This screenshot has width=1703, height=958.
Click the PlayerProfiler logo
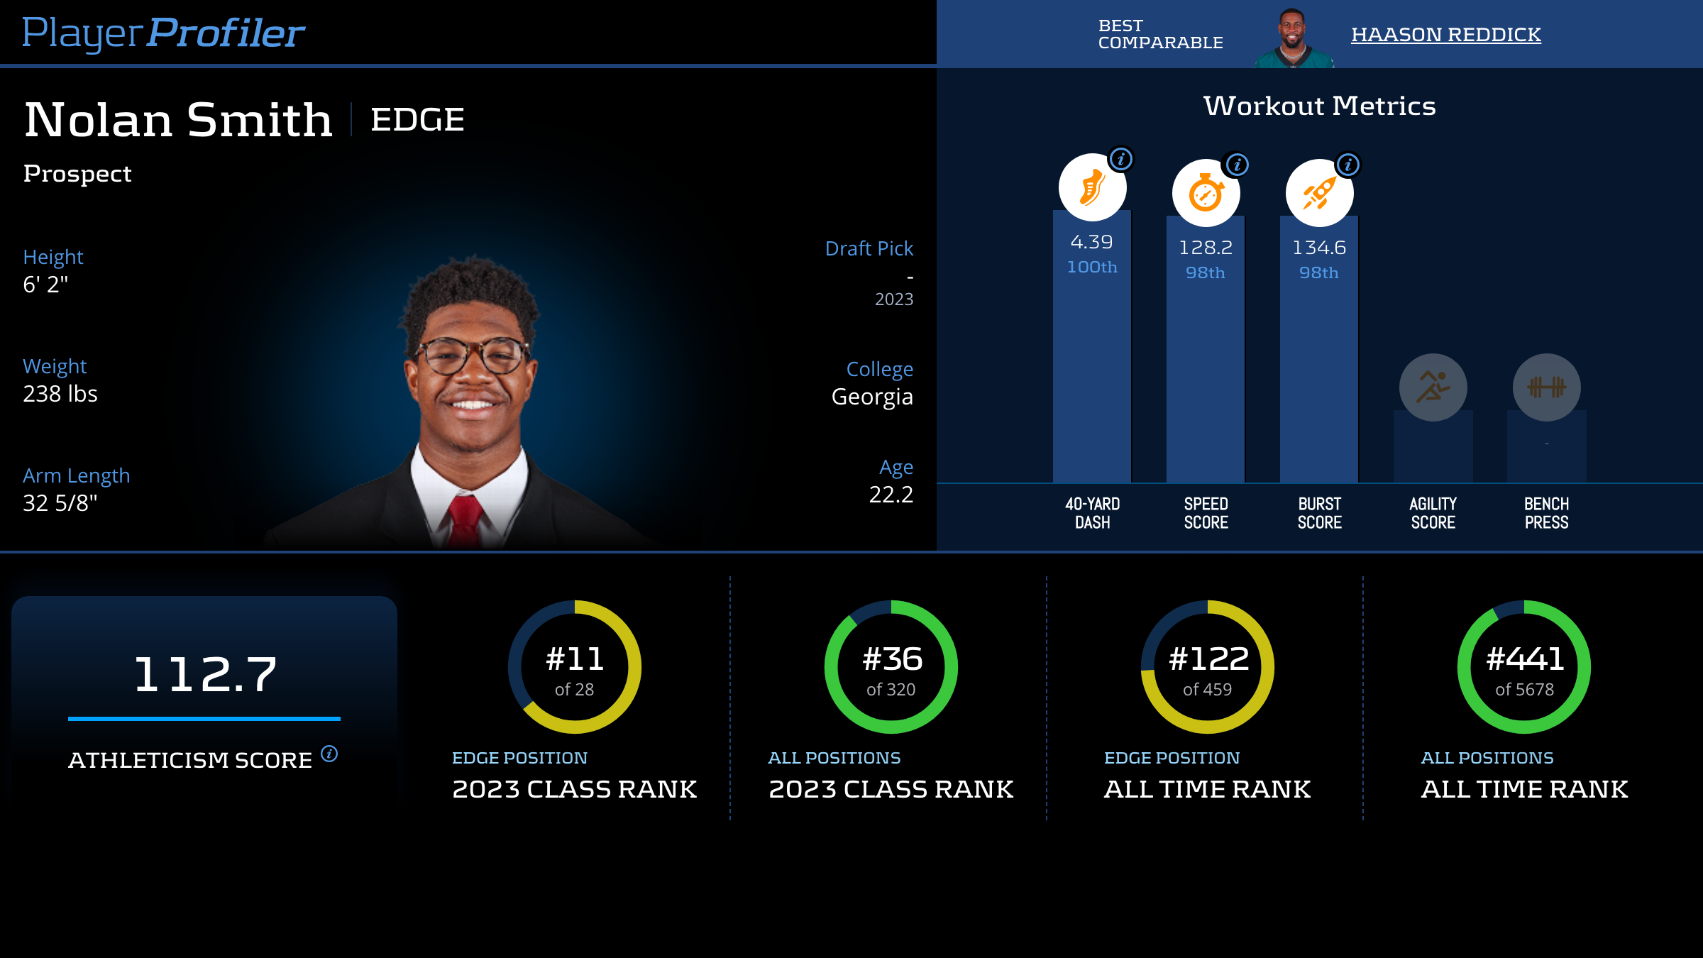click(163, 33)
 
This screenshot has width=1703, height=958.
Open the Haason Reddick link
click(1445, 34)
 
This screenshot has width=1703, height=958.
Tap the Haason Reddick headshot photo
click(1293, 37)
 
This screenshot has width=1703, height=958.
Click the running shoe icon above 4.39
click(1092, 187)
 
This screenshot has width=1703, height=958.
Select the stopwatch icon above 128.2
click(1206, 193)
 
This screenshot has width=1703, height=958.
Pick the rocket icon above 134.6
click(1319, 193)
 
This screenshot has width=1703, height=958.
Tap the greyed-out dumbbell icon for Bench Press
click(1546, 387)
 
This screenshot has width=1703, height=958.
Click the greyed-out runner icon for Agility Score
click(1433, 387)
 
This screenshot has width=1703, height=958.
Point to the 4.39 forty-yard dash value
click(1091, 242)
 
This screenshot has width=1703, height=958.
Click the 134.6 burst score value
click(1318, 248)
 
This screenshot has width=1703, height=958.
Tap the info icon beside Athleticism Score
click(329, 753)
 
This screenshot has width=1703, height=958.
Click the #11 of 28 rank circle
click(575, 667)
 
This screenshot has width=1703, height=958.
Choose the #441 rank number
click(1525, 659)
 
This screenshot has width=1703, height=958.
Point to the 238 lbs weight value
click(60, 394)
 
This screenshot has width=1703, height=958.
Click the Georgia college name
click(872, 397)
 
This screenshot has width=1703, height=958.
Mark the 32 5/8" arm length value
click(60, 503)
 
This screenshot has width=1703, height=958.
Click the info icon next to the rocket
click(1347, 165)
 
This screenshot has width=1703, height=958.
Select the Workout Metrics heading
click(1319, 106)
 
